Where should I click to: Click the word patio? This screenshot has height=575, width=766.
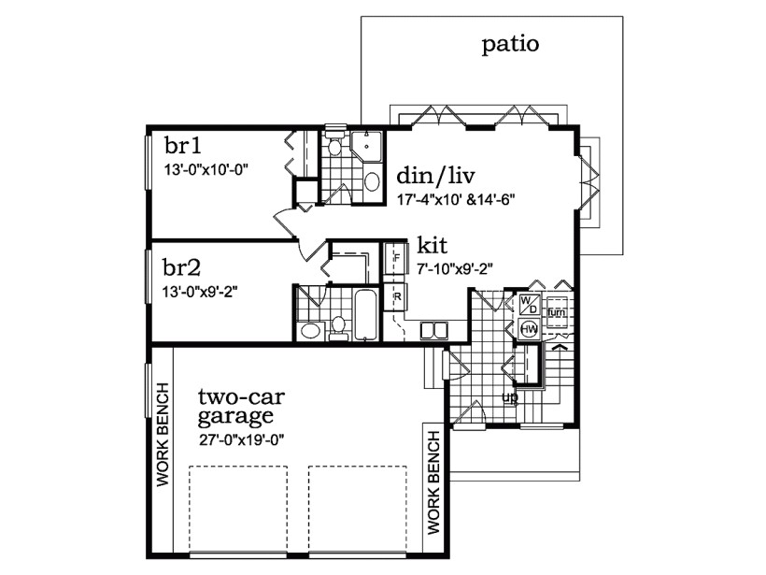(510, 44)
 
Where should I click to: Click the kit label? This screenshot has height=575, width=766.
(433, 245)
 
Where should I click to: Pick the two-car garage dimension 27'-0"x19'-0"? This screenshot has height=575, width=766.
(241, 440)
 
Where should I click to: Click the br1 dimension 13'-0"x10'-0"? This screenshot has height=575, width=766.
(205, 169)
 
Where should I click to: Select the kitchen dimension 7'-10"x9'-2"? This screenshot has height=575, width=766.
(456, 268)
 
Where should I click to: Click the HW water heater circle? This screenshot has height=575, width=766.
(528, 329)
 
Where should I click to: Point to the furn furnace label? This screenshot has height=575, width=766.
(557, 311)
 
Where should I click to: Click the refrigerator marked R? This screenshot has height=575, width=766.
(396, 298)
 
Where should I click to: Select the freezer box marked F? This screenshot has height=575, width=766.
(395, 253)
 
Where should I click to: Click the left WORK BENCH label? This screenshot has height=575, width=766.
(163, 433)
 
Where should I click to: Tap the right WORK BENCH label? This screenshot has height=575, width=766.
(433, 480)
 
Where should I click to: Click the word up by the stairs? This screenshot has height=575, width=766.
(510, 396)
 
